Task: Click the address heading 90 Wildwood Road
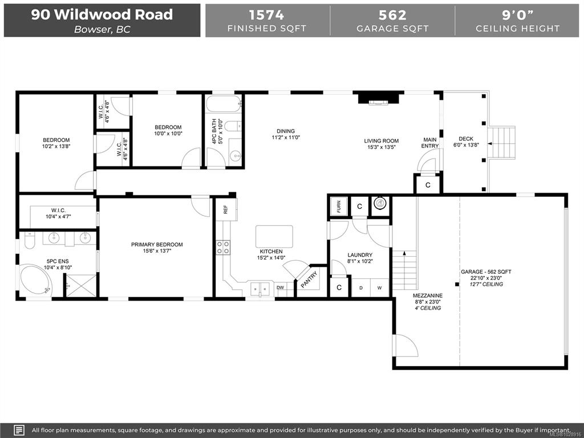tap(102, 14)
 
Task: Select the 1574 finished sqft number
tap(266, 15)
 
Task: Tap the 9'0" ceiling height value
tap(518, 15)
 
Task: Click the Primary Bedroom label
tap(157, 245)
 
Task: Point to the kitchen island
tap(274, 237)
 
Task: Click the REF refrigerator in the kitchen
tap(226, 210)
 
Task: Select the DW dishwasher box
tap(280, 287)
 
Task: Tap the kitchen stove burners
tap(223, 248)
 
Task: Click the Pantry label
tap(309, 279)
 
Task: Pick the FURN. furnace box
tap(339, 206)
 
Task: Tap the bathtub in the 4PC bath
tap(224, 104)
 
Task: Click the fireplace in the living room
tap(379, 99)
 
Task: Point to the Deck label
tap(466, 139)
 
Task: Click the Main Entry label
tap(430, 143)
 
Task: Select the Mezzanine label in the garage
tap(428, 296)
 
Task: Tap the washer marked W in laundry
tap(379, 288)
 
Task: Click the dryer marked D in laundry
tap(361, 288)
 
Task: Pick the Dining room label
tap(286, 131)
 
